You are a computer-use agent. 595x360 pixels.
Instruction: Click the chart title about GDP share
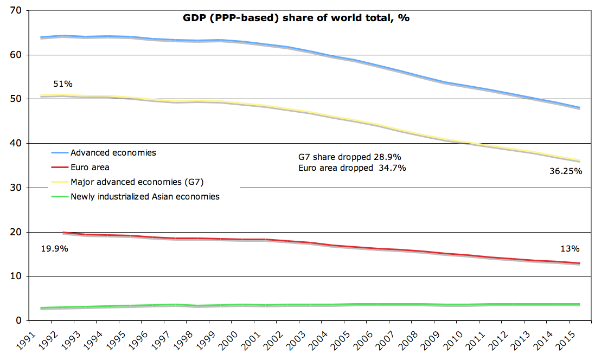[x=295, y=17]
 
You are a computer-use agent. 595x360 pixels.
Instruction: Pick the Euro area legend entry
[x=90, y=168]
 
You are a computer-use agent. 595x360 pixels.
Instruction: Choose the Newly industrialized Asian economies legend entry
[x=145, y=196]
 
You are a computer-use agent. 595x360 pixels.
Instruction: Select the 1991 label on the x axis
[x=36, y=337]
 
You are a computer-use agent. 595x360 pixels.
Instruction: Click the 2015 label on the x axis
[x=574, y=337]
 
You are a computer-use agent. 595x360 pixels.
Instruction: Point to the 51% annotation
[x=63, y=84]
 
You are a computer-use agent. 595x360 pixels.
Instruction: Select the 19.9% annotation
[x=54, y=249]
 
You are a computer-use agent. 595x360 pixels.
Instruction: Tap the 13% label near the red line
[x=570, y=249]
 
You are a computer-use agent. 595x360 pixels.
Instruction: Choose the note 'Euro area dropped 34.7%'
[x=352, y=168]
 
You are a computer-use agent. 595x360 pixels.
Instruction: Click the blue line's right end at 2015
[x=580, y=107]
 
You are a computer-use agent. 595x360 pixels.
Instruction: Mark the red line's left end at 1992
[x=64, y=232]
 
